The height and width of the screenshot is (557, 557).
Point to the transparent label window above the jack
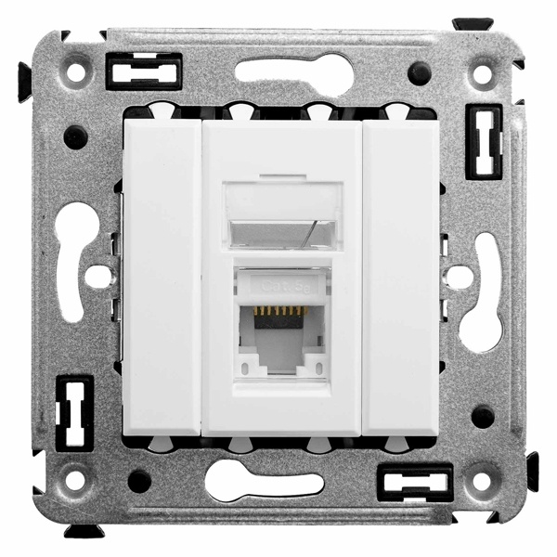pyautogui.click(x=281, y=214)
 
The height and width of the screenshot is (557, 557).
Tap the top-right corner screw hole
pyautogui.click(x=483, y=71)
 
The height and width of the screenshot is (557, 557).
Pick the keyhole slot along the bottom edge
pyautogui.click(x=264, y=483)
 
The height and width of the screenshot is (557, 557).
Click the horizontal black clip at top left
pyautogui.click(x=144, y=71)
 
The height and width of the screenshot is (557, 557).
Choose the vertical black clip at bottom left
pyautogui.click(x=75, y=412)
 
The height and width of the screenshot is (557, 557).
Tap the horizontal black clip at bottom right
pyautogui.click(x=415, y=482)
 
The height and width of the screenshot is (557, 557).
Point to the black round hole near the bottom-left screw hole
pyautogui.click(x=139, y=480)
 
